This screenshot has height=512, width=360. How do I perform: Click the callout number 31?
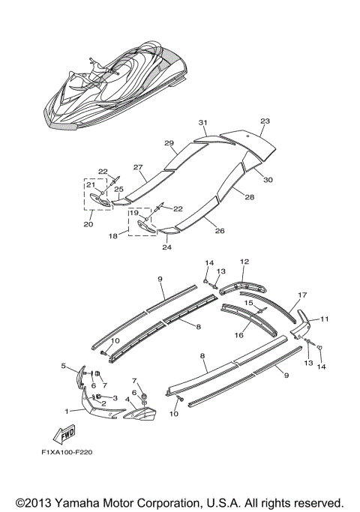(202, 121)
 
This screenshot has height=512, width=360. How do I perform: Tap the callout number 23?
(265, 121)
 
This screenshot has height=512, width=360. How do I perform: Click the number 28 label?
(249, 198)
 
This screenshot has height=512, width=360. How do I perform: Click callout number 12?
(244, 262)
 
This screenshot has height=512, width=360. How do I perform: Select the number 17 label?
(302, 295)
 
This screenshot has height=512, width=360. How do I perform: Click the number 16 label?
(240, 336)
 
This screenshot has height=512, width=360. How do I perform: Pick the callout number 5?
(64, 366)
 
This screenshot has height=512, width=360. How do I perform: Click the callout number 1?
(68, 410)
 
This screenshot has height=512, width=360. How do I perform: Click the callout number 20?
(88, 223)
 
